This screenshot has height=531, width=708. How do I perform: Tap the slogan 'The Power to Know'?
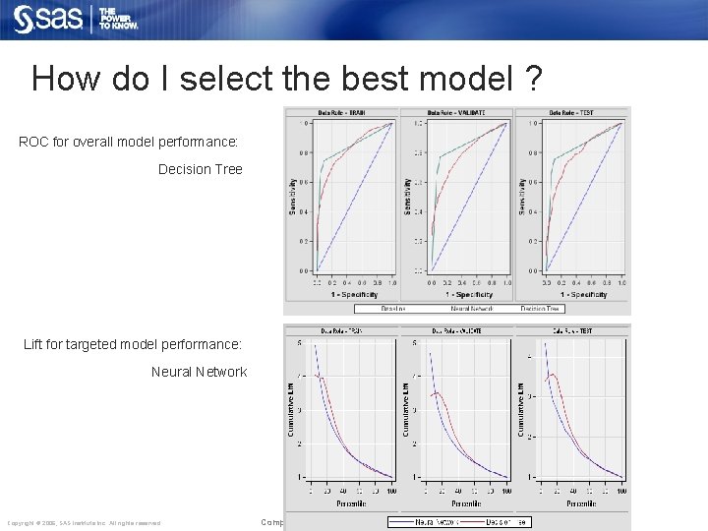118,19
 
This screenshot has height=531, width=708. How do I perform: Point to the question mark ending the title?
532,78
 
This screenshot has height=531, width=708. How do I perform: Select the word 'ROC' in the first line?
35,143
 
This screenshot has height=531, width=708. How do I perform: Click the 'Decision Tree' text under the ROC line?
200,169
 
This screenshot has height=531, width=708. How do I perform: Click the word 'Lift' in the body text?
36,344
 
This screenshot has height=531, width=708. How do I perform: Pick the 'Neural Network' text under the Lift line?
199,372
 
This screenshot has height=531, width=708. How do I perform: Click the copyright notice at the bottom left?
84,522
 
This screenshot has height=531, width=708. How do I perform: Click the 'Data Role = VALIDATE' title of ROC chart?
456,112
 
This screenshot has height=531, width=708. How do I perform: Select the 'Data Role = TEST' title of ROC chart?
571,112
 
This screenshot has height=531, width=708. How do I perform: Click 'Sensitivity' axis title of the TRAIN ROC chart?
292,197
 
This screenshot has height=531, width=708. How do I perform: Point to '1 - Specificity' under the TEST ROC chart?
575,294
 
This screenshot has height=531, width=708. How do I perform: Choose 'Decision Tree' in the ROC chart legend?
540,308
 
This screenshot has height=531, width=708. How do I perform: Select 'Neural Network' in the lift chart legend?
435,521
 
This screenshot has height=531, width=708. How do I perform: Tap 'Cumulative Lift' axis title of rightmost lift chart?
521,409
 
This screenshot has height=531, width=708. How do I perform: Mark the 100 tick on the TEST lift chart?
621,491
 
